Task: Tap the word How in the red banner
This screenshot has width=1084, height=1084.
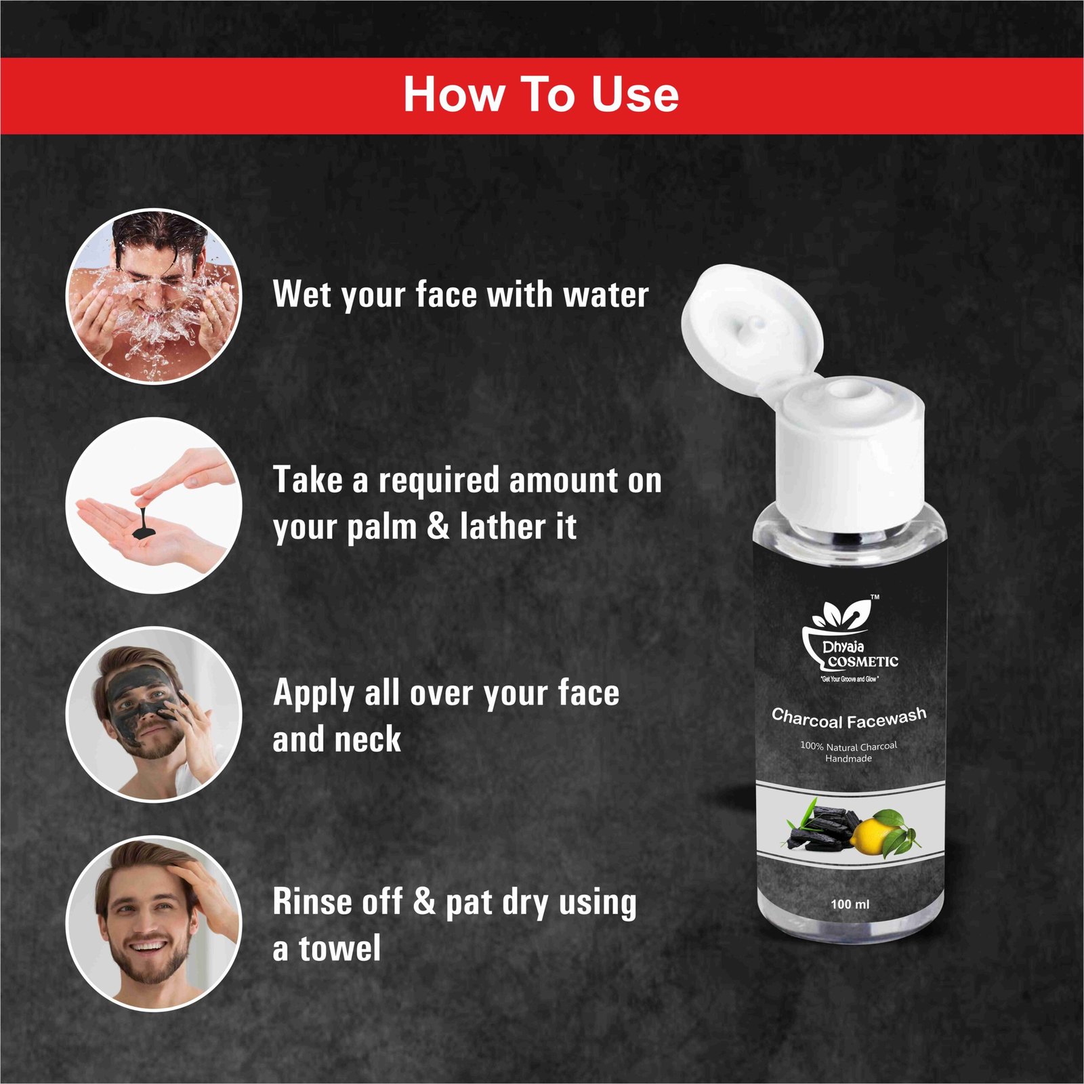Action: (x=453, y=94)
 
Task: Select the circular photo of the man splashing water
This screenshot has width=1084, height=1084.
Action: (x=154, y=296)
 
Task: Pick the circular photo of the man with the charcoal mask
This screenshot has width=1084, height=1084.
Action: (x=154, y=714)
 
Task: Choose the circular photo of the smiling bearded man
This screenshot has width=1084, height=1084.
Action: (x=154, y=923)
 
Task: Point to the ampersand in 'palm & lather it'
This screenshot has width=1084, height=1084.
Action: (x=438, y=526)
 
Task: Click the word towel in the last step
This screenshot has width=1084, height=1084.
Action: (x=340, y=948)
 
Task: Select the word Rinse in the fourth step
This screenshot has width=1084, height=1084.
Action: (x=313, y=902)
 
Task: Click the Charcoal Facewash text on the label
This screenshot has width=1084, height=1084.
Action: (x=849, y=719)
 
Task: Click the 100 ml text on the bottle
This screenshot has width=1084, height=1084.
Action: (x=850, y=904)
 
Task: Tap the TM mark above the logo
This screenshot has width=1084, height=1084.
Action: (x=875, y=598)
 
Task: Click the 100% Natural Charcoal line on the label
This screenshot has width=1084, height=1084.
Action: (x=848, y=746)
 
